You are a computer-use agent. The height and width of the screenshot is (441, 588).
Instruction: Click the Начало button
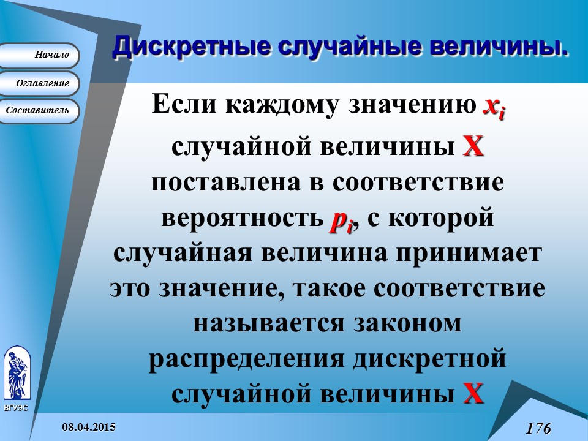coord(40,55)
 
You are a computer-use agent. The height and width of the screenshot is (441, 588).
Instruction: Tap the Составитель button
coord(40,111)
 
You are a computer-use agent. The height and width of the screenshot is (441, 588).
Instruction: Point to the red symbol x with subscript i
coord(494,108)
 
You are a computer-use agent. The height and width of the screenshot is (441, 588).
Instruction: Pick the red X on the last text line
coord(473,393)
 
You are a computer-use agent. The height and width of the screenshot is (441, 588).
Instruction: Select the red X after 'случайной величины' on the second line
coord(473,148)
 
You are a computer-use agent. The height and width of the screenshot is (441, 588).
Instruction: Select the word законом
coord(407,323)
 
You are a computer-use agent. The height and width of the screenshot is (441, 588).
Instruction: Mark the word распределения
coord(245,359)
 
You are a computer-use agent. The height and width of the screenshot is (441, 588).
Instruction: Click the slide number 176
coord(538,428)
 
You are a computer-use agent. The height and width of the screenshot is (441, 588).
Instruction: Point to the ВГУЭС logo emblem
coord(16,374)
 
